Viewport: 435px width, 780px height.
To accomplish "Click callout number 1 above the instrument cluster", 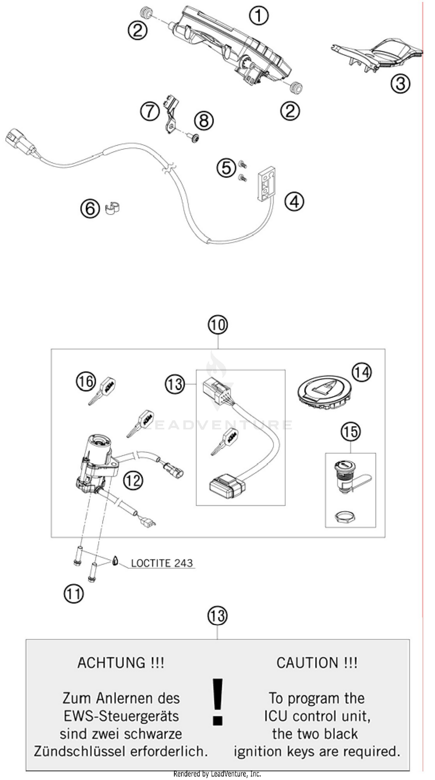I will (258, 16).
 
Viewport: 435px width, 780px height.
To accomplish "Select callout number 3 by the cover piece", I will (400, 83).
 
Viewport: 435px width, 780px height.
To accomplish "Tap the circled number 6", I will (90, 209).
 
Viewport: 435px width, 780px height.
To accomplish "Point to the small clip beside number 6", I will (113, 208).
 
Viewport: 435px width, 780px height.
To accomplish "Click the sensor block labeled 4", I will (267, 183).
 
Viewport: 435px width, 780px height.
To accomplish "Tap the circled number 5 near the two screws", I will (226, 168).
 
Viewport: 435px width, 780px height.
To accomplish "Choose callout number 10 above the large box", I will (217, 325).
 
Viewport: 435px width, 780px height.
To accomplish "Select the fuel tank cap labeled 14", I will (325, 394).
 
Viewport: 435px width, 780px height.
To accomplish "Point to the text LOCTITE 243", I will (162, 563).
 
